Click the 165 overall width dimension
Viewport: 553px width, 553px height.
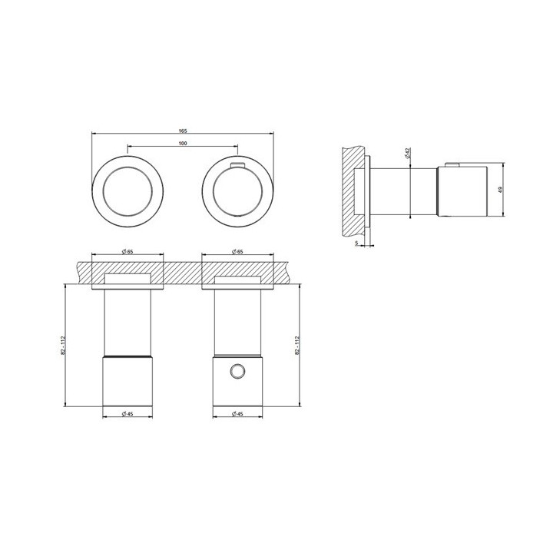point(182,131)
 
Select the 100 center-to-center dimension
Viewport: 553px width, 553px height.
point(182,144)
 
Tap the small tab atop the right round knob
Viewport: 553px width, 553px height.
point(237,164)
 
